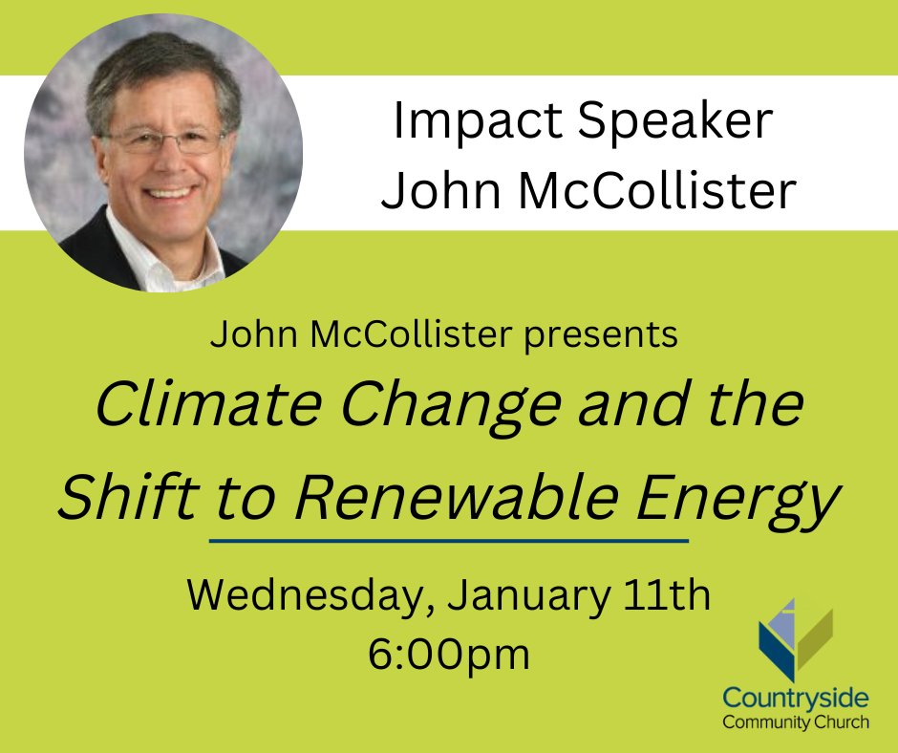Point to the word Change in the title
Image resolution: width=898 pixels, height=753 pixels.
(x=433, y=405)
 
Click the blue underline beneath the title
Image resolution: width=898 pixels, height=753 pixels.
(x=449, y=541)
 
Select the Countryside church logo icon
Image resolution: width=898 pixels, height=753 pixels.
(x=795, y=641)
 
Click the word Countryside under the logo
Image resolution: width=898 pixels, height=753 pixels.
(x=796, y=699)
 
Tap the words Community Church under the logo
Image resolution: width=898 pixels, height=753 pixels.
(x=796, y=721)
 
